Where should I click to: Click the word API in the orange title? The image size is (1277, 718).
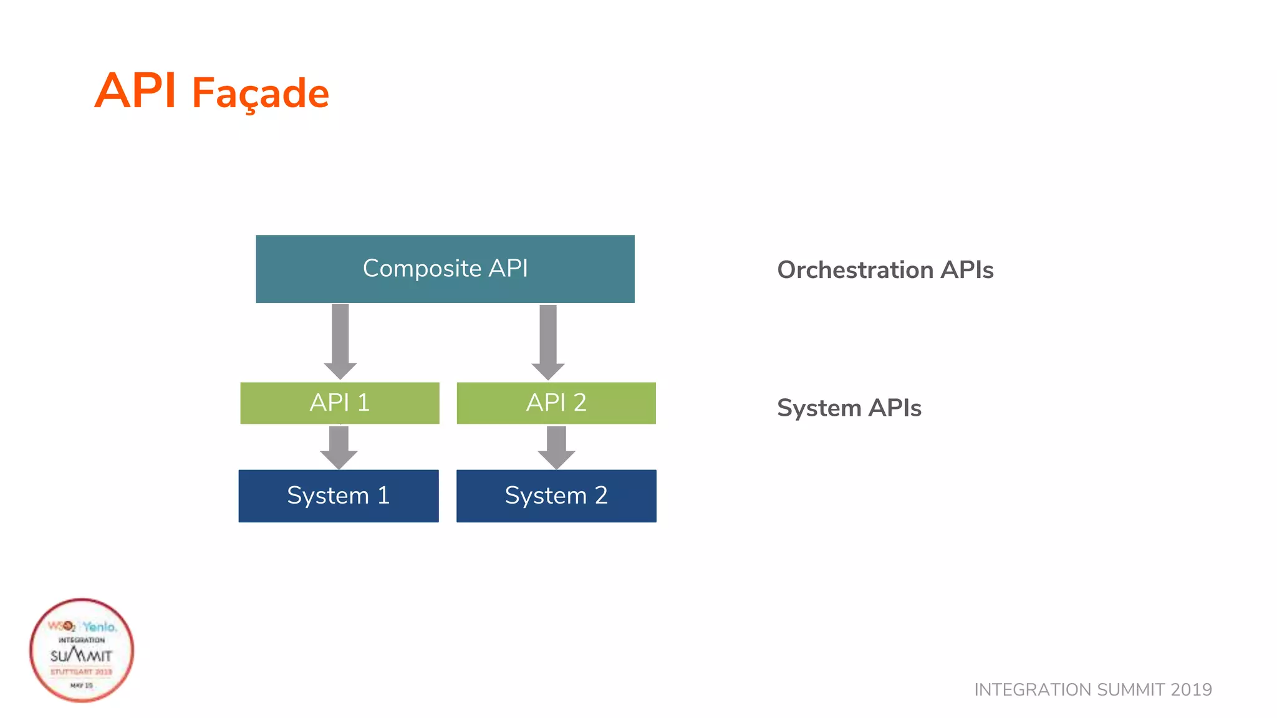(x=135, y=91)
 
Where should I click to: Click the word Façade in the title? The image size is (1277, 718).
(x=260, y=94)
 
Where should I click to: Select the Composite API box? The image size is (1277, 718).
(x=445, y=269)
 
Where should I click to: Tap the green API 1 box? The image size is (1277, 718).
(x=339, y=403)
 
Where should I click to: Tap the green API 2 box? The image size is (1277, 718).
(x=556, y=403)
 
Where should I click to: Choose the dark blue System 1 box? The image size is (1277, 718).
(x=338, y=495)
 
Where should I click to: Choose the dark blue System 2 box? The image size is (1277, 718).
(x=556, y=495)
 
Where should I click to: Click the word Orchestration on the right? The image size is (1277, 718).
(x=855, y=270)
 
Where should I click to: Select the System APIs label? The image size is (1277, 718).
(x=849, y=408)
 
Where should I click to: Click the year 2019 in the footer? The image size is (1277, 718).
(x=1191, y=689)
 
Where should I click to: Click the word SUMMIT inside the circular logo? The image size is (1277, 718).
(x=82, y=656)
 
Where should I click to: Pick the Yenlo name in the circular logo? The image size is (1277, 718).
(x=99, y=626)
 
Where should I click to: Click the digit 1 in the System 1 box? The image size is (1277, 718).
(x=383, y=495)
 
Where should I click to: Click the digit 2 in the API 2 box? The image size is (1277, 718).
(x=580, y=403)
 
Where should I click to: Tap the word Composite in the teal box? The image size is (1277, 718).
(x=422, y=269)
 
